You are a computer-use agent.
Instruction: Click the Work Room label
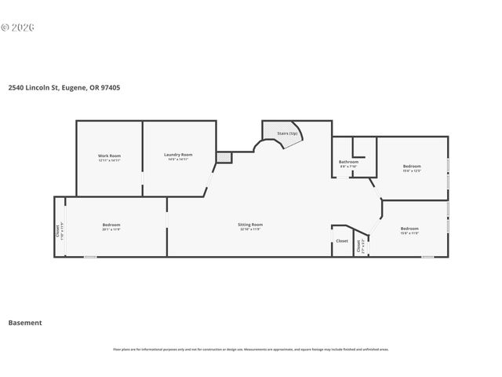point(109,156)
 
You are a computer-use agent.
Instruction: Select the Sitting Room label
point(250,225)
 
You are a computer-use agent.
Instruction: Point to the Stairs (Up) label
point(288,134)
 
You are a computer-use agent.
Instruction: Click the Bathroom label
point(349,163)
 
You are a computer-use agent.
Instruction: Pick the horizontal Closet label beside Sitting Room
point(342,241)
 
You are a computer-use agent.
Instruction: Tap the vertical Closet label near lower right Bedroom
point(359,245)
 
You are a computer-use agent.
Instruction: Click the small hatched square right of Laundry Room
point(224,158)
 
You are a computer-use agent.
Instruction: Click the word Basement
point(25,322)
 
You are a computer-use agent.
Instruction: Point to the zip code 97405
point(110,88)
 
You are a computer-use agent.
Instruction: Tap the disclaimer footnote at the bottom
point(250,350)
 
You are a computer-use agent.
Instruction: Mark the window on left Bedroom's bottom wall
point(90,256)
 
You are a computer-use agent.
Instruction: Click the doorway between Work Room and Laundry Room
point(142,188)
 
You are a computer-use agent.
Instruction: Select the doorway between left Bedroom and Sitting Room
point(166,220)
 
